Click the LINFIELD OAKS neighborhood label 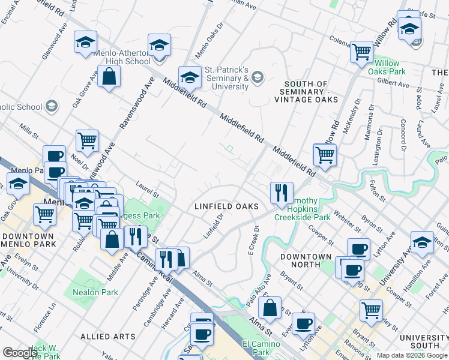pyautogui.click(x=226, y=206)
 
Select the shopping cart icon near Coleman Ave pyautogui.click(x=362, y=52)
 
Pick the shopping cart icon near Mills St pyautogui.click(x=87, y=140)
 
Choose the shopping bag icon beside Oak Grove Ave pyautogui.click(x=109, y=76)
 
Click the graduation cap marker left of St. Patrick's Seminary pyautogui.click(x=190, y=77)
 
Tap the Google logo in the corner pyautogui.click(x=19, y=353)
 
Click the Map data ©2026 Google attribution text pyautogui.click(x=412, y=355)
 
